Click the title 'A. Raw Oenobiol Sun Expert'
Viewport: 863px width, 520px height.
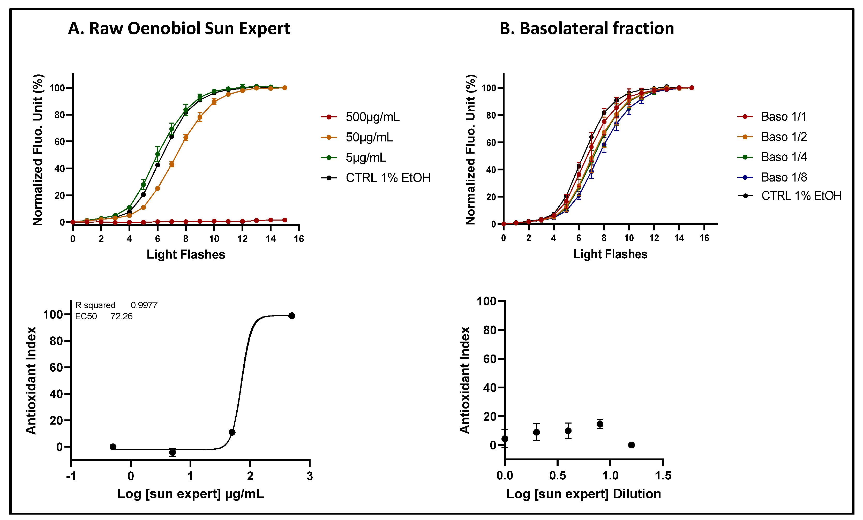pos(179,28)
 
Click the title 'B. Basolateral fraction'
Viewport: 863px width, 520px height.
pos(587,28)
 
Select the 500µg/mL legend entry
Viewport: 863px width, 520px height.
pos(372,117)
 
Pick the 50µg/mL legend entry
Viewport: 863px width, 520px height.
pos(369,137)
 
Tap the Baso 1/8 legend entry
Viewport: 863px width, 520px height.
pos(784,177)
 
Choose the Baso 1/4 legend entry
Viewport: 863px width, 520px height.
pos(784,157)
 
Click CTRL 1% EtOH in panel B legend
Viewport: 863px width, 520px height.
pos(801,196)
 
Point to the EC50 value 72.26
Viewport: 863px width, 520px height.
pos(121,316)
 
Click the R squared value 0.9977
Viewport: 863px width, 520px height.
pos(144,305)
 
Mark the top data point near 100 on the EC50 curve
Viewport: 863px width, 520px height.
pos(291,315)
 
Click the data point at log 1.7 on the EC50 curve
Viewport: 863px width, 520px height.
pos(232,432)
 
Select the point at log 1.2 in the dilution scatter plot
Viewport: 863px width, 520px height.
pos(631,445)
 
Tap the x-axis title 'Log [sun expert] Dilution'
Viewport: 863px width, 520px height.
pos(583,494)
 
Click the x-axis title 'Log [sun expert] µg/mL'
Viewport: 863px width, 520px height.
pos(191,494)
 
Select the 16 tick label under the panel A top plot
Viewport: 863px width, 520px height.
pos(298,239)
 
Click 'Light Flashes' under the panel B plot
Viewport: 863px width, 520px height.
pos(610,254)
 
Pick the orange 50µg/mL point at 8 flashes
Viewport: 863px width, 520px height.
pos(186,137)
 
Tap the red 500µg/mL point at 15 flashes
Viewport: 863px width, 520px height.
pos(284,220)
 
